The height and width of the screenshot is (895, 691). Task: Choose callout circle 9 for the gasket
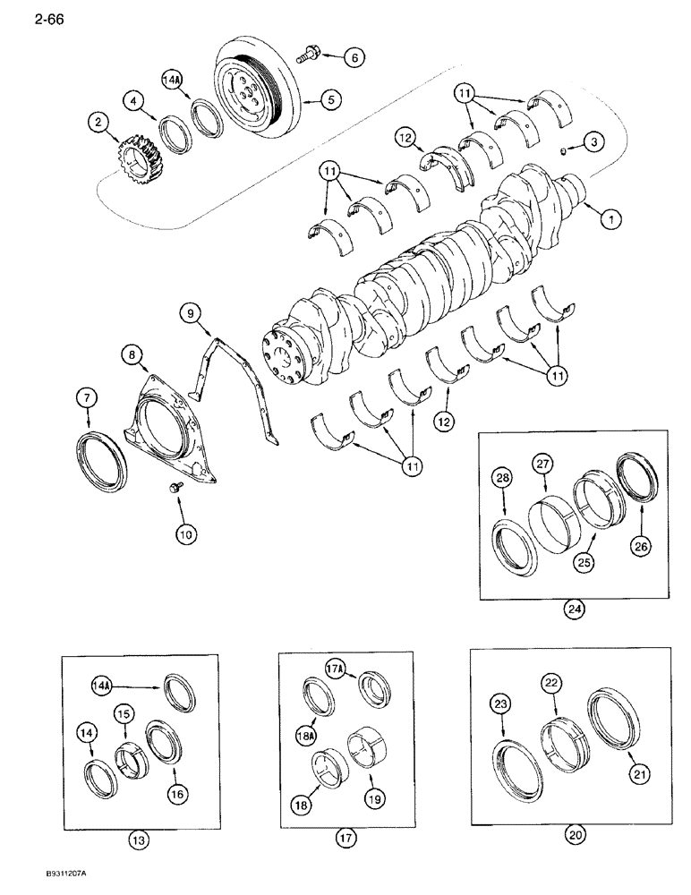coord(190,312)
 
